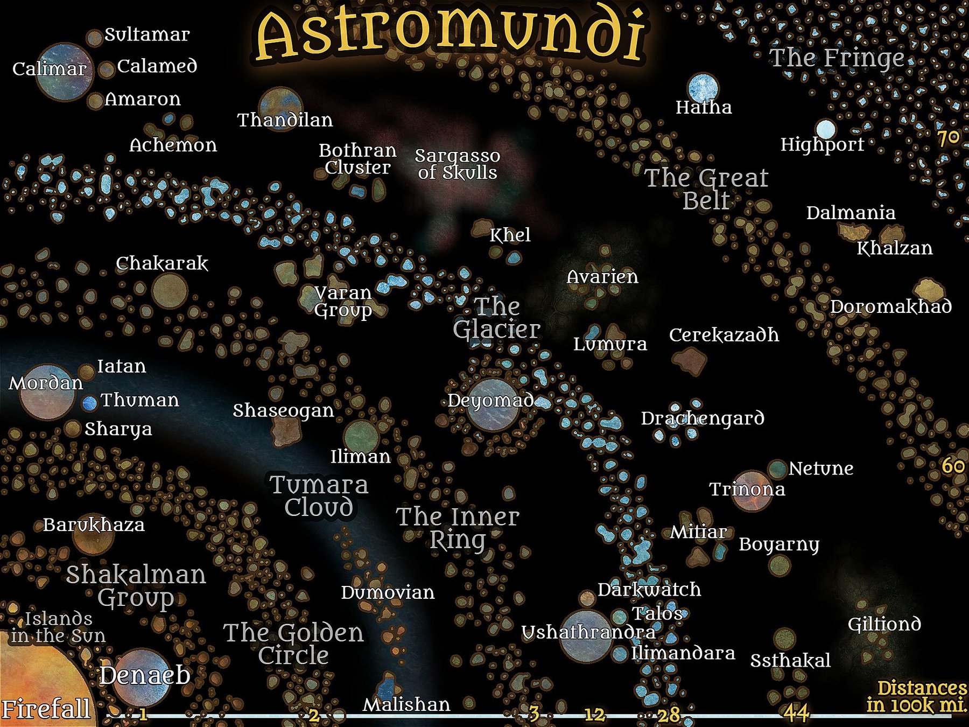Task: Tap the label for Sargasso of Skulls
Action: (458, 164)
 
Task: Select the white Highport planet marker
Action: (825, 129)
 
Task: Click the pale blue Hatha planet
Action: (703, 88)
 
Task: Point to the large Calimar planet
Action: (65, 72)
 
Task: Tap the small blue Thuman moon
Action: (89, 402)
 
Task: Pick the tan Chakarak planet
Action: (170, 290)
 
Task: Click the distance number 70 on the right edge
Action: (948, 138)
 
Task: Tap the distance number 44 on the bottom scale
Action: (796, 713)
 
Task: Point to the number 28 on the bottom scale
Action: (669, 715)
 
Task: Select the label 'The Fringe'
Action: (837, 58)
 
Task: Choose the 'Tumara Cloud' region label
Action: (319, 496)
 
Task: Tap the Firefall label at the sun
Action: (46, 709)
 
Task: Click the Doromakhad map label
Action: (890, 307)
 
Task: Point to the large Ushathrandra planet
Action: (586, 636)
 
